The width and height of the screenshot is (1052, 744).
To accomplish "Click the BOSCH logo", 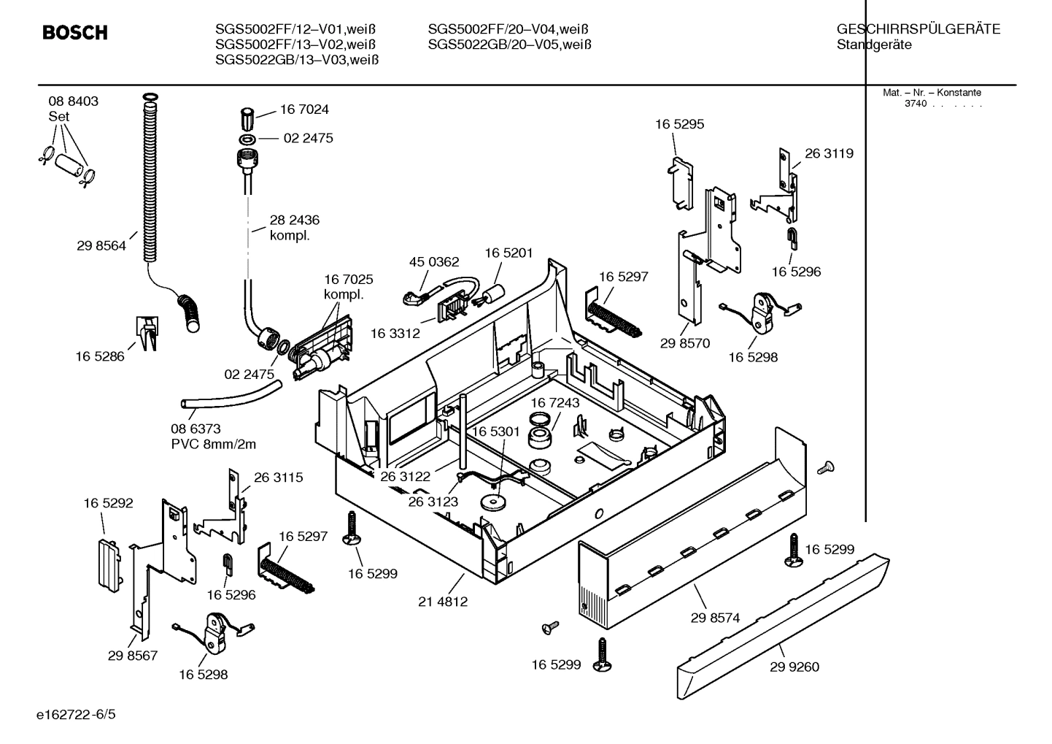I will [75, 33].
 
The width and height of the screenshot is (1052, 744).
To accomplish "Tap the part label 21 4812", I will [443, 602].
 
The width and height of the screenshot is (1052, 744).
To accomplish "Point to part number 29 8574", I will [715, 618].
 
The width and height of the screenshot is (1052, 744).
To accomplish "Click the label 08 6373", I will [196, 429].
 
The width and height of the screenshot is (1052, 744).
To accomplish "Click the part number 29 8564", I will [101, 246].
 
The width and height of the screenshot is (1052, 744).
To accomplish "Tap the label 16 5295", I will [679, 124].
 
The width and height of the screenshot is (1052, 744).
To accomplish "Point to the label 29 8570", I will [685, 343].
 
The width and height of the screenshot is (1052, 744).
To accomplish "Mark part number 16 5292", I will [108, 503].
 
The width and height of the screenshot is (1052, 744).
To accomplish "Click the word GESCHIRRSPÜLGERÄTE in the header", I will [918, 30].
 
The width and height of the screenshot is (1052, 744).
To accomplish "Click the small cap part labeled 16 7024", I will [247, 116].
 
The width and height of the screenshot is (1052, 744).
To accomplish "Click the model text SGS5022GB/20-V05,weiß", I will [508, 45].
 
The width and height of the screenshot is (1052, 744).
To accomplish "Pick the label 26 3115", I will [278, 478].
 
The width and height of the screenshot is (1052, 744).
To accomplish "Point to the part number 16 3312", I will [395, 333].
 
